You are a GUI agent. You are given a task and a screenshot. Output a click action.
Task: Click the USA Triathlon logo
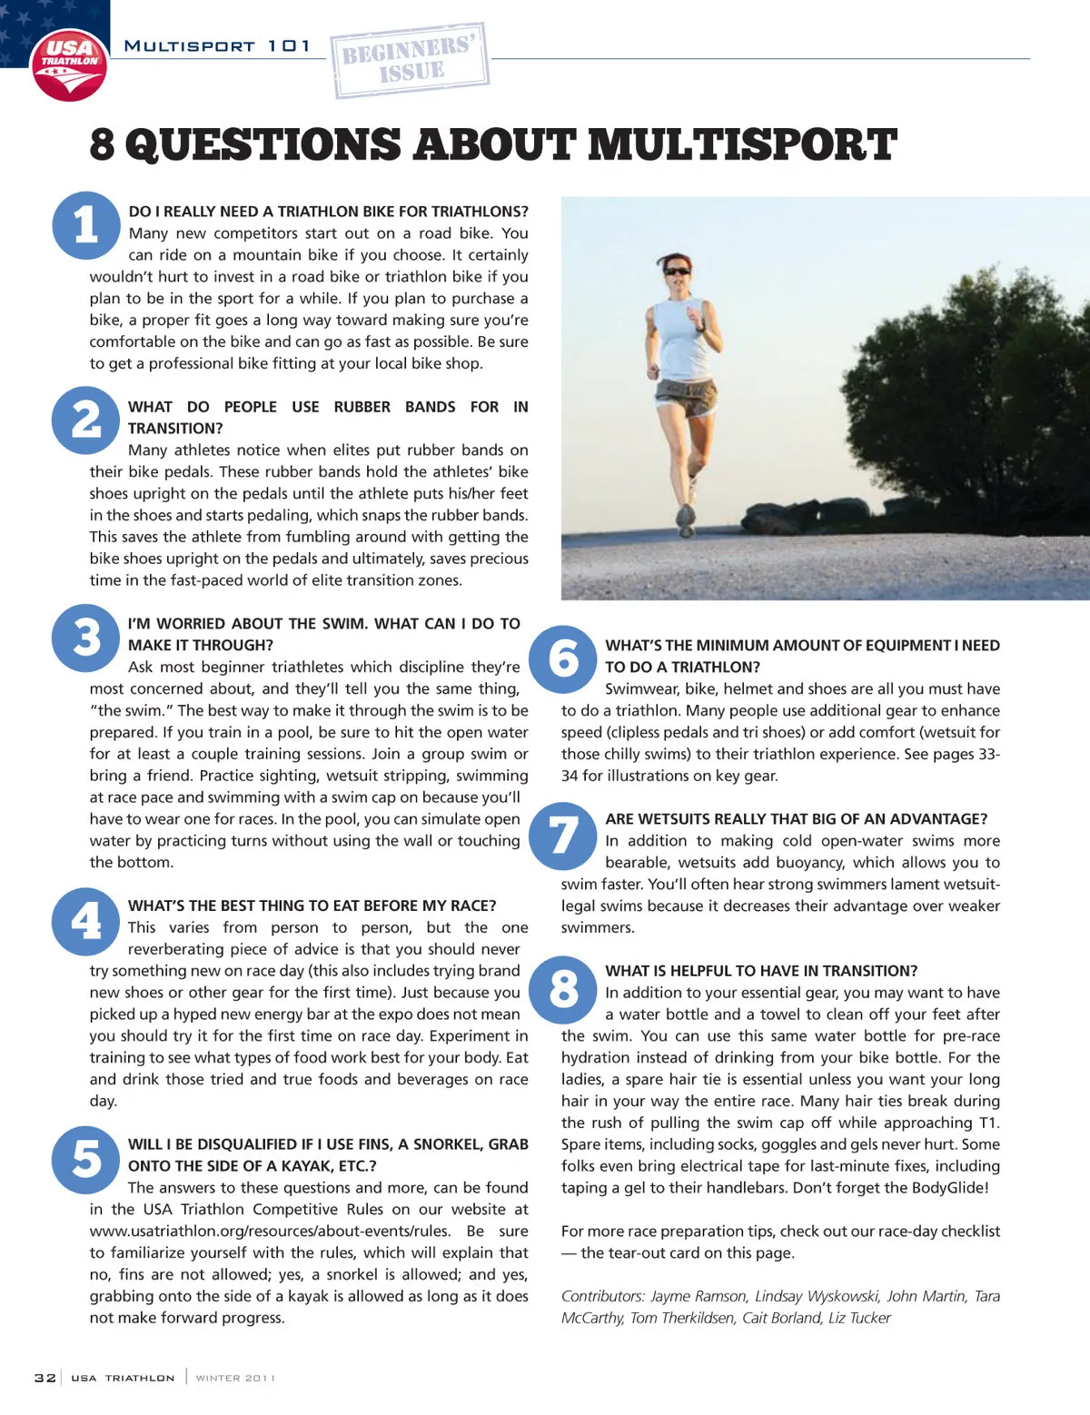[x=69, y=65]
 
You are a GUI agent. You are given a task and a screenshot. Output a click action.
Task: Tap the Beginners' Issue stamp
[x=410, y=60]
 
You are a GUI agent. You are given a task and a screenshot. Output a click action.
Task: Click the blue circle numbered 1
[x=86, y=224]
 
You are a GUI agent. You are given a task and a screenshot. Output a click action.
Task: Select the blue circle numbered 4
[x=86, y=922]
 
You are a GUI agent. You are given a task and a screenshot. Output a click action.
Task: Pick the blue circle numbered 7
[x=563, y=836]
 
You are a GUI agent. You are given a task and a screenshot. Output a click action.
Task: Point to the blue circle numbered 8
[x=563, y=988]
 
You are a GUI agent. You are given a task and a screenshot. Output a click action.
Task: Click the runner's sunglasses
[x=677, y=271]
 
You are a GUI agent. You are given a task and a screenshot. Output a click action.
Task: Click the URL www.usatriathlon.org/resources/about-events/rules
[x=270, y=1232]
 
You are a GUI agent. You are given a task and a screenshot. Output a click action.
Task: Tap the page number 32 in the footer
[x=45, y=1378]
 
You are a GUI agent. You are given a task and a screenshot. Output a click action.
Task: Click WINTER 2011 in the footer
[x=235, y=1378]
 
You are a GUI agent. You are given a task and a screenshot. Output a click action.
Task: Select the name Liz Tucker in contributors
[x=859, y=1318]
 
